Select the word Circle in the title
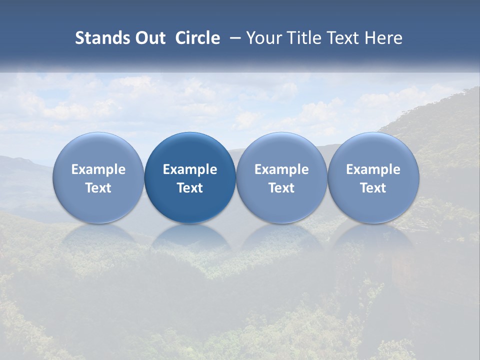click(197, 38)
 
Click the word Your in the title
click(264, 38)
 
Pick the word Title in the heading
click(301, 38)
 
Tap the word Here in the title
click(382, 38)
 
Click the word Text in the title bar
click(340, 38)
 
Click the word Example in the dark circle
click(190, 169)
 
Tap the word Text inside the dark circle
click(190, 188)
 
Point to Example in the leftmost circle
click(98, 169)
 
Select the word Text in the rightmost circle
click(373, 188)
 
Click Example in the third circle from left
click(281, 169)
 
